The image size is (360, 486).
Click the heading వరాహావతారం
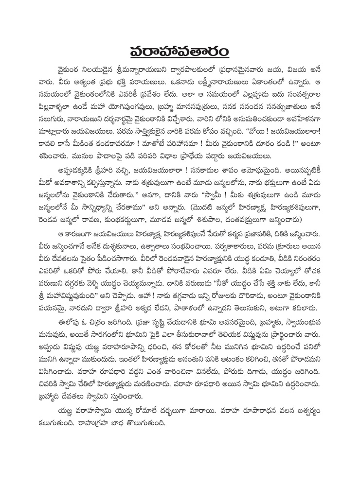[180, 50]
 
